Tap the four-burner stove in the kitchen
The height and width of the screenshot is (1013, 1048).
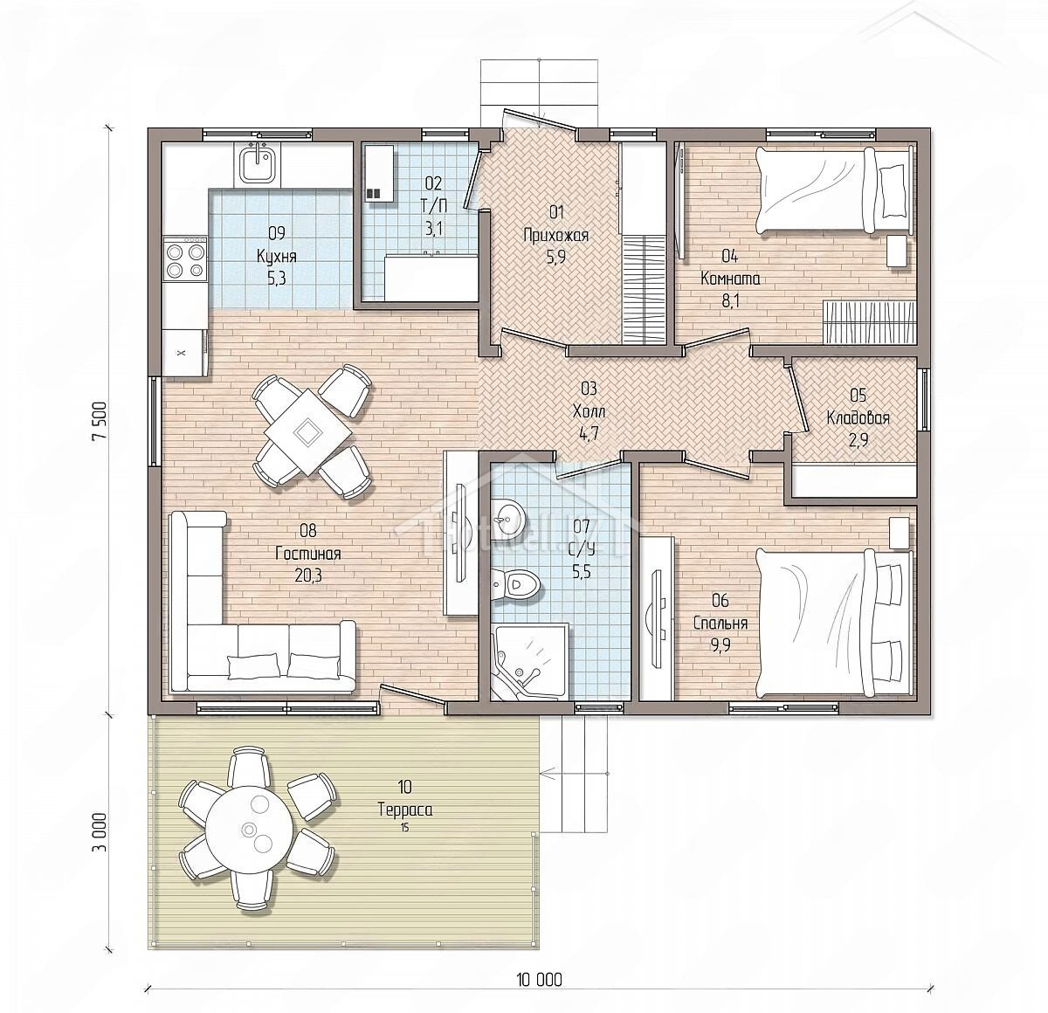coord(186,259)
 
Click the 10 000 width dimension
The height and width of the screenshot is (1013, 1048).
coord(539,979)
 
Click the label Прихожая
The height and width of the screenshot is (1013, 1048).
coord(555,235)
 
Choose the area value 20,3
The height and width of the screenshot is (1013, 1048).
coord(308,575)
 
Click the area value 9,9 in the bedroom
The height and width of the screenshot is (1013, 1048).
coord(720,645)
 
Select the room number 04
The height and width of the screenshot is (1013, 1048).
coord(729,257)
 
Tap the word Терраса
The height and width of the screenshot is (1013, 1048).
coord(405,809)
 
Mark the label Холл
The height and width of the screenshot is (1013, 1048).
coord(589,411)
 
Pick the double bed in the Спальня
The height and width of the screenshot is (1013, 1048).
coord(835,622)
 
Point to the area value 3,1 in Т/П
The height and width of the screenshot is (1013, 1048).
coord(433,229)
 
